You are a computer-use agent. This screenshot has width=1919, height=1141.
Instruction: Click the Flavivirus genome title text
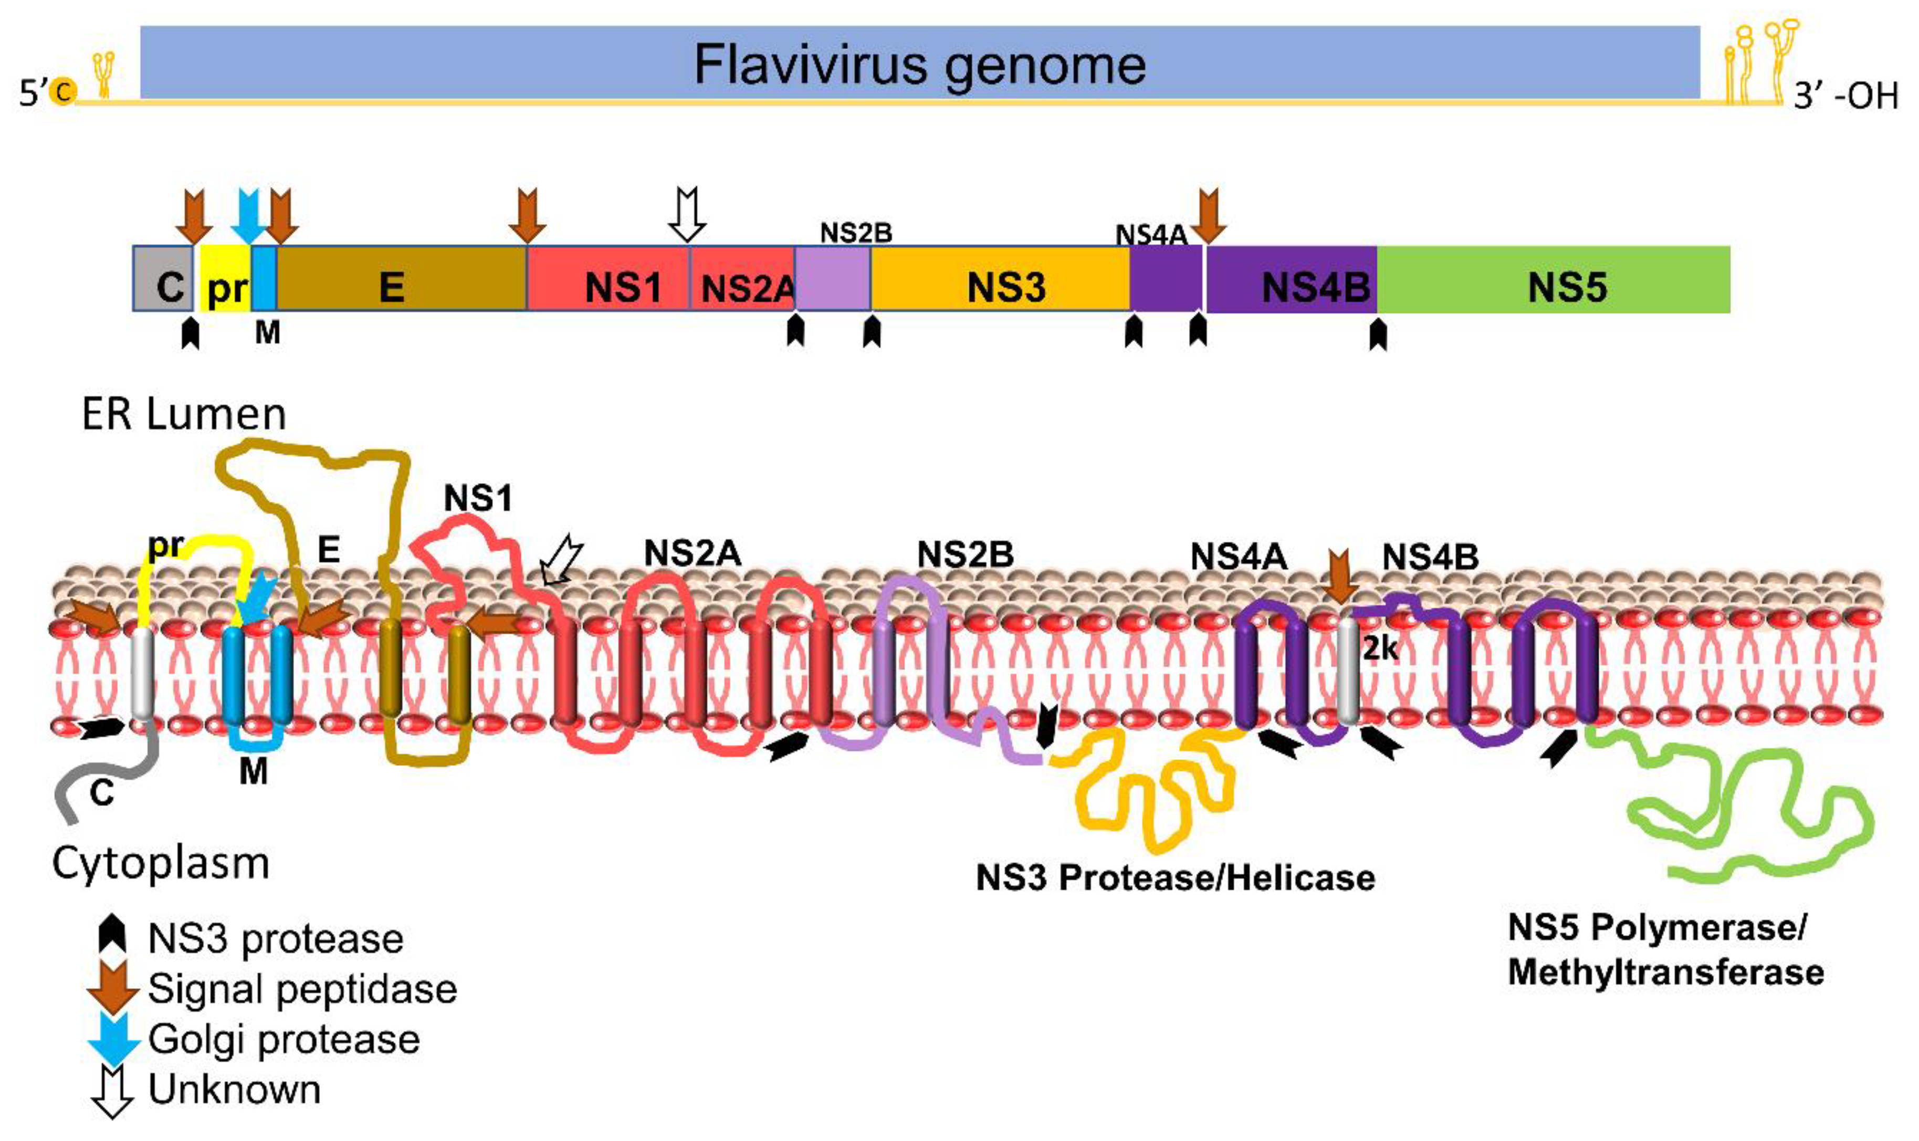(919, 65)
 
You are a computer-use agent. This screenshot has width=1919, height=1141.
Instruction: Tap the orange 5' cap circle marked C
(61, 92)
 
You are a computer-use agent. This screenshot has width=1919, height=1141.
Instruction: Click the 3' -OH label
(1845, 97)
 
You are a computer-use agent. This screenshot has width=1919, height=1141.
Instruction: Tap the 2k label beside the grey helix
(1380, 650)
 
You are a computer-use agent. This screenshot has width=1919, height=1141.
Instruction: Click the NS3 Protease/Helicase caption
(1175, 877)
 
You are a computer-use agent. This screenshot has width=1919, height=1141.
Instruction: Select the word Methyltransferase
(1665, 972)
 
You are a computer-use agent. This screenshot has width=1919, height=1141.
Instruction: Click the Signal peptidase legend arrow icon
(113, 987)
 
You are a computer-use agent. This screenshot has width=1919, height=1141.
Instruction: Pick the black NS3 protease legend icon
(113, 936)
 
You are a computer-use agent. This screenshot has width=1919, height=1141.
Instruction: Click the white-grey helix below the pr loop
(141, 673)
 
